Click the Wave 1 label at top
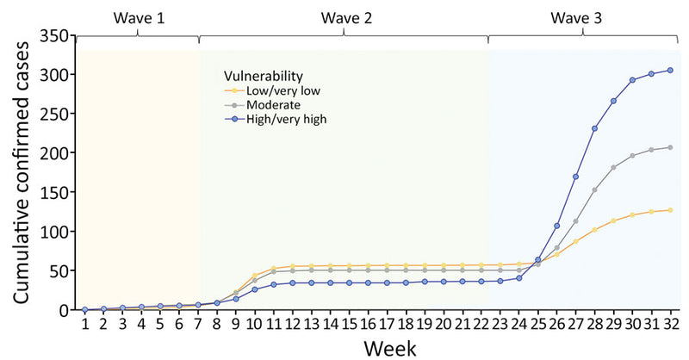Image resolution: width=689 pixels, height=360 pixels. pyautogui.click(x=138, y=16)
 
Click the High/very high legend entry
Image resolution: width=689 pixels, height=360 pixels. pyautogui.click(x=284, y=119)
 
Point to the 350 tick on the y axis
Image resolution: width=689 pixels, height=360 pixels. pyautogui.click(x=56, y=36)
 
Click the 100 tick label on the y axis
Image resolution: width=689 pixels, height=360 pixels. pyautogui.click(x=56, y=232)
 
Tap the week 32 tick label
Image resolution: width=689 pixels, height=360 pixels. pyautogui.click(x=670, y=324)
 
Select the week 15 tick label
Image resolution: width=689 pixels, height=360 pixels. pyautogui.click(x=349, y=324)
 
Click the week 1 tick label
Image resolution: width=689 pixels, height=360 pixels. pyautogui.click(x=85, y=324)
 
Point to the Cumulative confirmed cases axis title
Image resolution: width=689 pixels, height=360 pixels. pyautogui.click(x=19, y=172)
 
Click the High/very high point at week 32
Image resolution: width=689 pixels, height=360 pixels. pyautogui.click(x=670, y=70)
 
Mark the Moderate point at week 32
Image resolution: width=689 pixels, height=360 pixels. pyautogui.click(x=670, y=147)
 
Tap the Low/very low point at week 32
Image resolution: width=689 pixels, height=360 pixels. pyautogui.click(x=670, y=210)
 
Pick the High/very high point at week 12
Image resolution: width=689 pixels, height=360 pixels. pyautogui.click(x=293, y=282)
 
